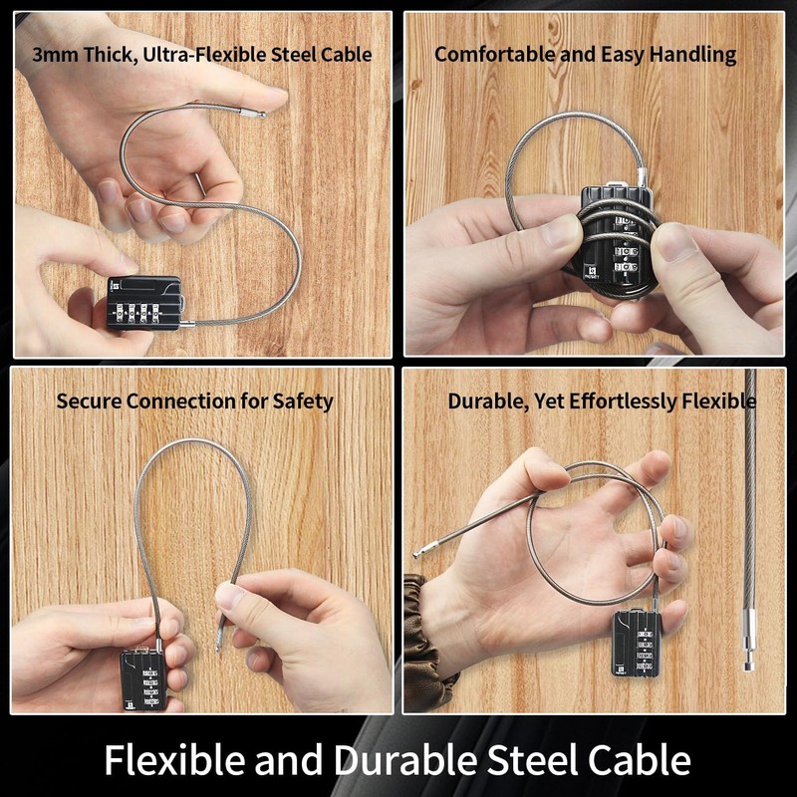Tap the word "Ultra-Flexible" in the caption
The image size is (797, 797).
185,55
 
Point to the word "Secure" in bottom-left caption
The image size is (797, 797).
88,401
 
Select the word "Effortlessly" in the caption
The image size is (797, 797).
624,401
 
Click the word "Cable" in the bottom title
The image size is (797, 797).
638,759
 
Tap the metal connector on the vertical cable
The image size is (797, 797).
750,631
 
